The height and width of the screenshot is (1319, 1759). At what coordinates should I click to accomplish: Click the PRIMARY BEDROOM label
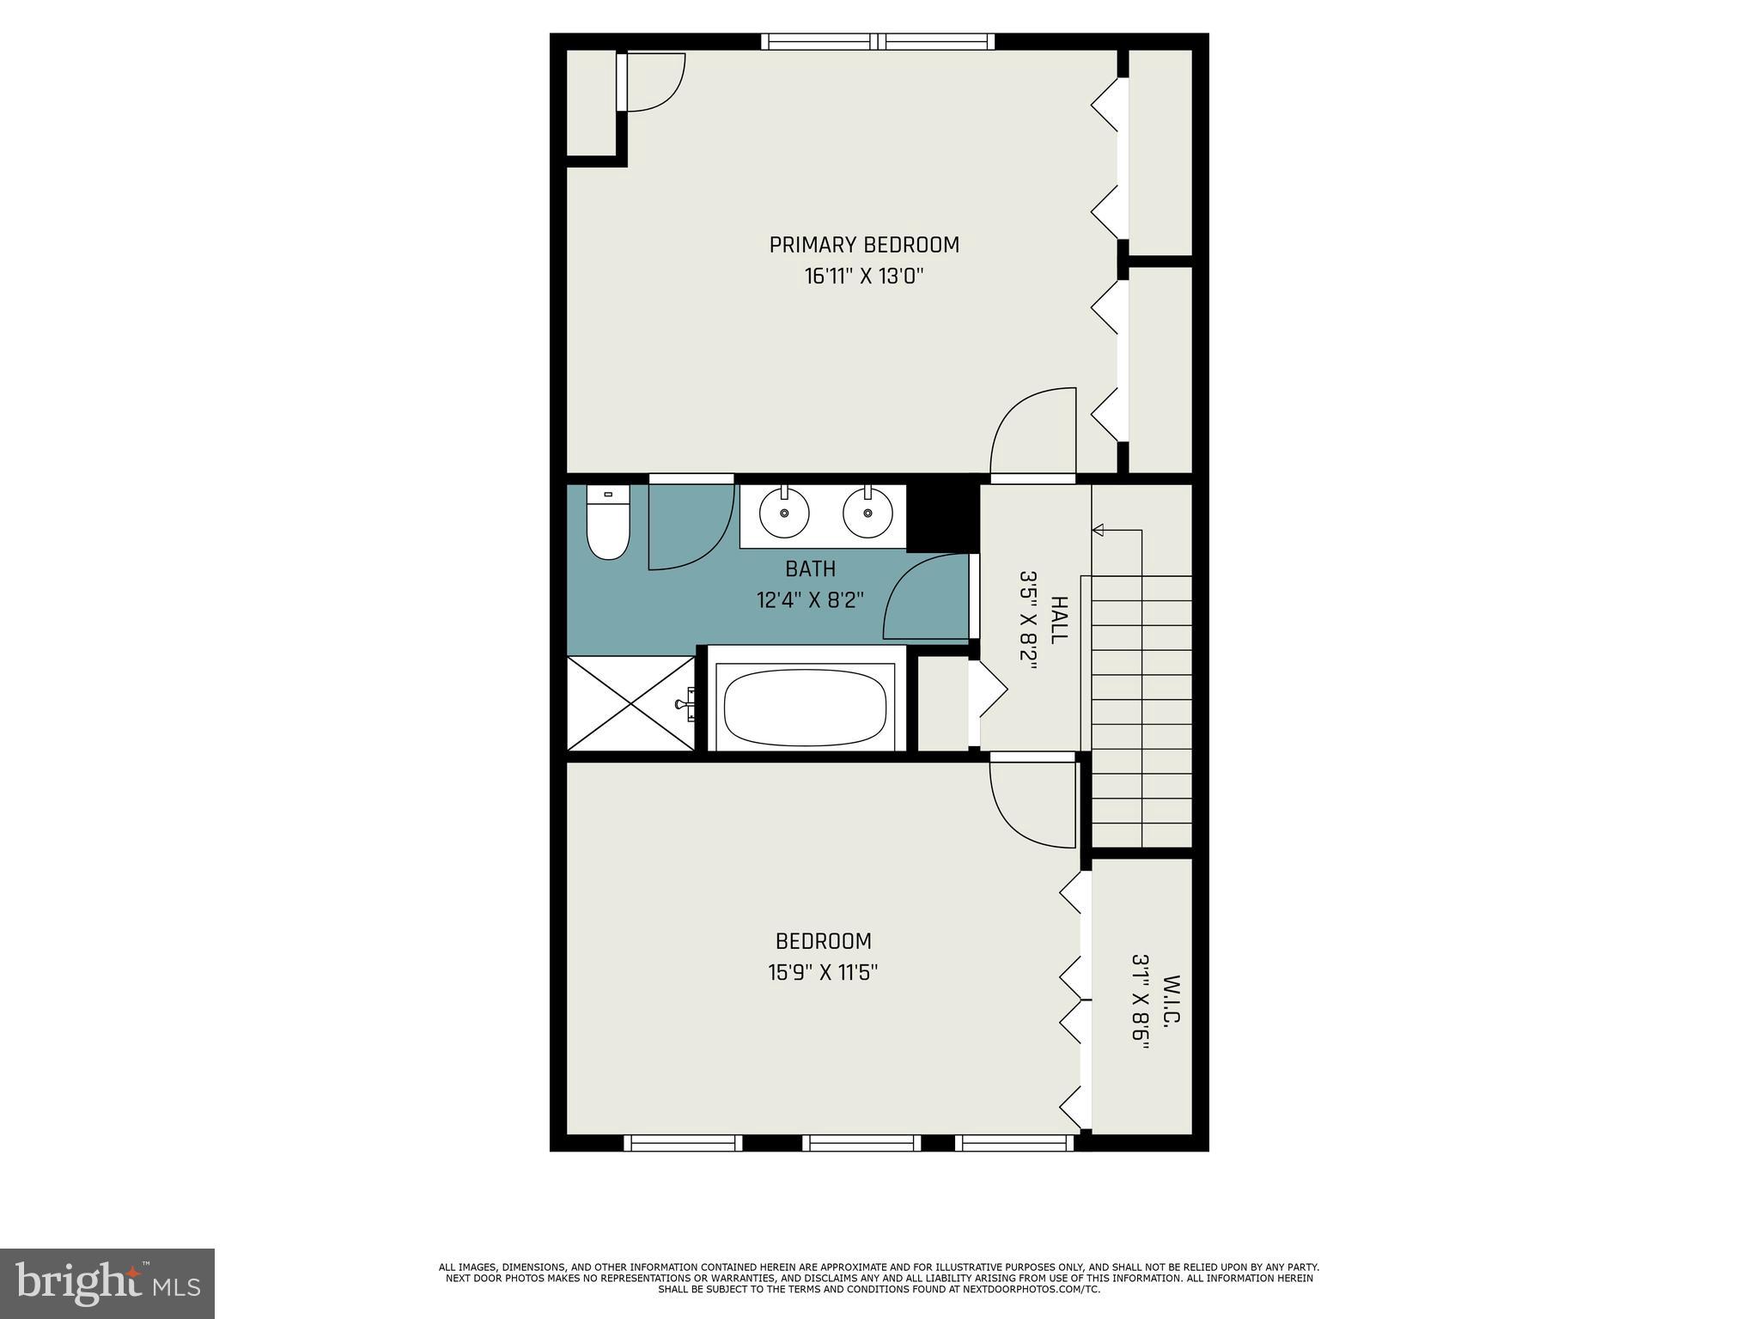[x=863, y=245]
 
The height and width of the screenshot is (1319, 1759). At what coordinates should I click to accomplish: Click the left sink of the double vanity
[x=784, y=513]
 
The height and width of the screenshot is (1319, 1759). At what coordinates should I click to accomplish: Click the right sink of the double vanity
[x=867, y=513]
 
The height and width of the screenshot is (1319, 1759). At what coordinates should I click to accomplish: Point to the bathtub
[x=805, y=708]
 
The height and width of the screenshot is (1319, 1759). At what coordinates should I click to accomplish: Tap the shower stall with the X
[x=630, y=703]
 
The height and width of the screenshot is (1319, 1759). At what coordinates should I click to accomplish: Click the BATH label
[x=810, y=568]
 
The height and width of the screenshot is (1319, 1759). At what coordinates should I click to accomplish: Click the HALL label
[x=1059, y=619]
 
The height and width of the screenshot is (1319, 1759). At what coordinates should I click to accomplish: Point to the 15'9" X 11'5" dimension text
[x=822, y=973]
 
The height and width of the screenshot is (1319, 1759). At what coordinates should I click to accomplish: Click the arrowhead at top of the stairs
[x=1097, y=530]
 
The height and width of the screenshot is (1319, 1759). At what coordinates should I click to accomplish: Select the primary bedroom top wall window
[x=877, y=41]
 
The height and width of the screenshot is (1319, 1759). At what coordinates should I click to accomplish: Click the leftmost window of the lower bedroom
[x=683, y=1142]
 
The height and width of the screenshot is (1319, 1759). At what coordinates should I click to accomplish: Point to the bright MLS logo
[x=107, y=1283]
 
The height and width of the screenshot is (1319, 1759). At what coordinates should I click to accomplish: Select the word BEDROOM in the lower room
[x=823, y=941]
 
